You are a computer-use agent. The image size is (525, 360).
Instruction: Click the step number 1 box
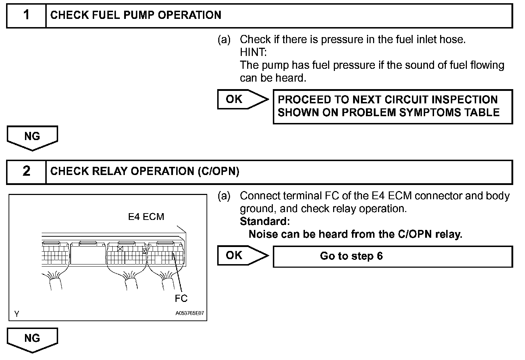26,15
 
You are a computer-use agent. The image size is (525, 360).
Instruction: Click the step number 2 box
26,171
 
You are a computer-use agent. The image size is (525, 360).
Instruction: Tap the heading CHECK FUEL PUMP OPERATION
136,15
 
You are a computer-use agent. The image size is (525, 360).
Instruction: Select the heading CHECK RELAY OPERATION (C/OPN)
144,171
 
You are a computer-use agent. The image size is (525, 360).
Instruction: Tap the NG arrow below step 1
32,137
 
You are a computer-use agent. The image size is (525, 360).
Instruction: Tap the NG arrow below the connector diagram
32,339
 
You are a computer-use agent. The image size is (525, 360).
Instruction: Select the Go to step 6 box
392,256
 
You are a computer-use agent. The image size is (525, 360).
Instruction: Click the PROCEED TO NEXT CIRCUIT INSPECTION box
392,106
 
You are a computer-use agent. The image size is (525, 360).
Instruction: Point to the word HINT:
253,52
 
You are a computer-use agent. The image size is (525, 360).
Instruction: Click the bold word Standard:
265,221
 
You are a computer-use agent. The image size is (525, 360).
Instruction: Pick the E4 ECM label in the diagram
146,217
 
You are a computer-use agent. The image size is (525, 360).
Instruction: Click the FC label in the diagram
181,298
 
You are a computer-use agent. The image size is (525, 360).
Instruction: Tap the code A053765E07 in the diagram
189,314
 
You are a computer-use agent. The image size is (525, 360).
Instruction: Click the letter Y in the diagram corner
17,314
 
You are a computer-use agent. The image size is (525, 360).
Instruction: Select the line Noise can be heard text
355,234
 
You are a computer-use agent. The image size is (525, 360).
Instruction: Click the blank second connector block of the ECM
88,254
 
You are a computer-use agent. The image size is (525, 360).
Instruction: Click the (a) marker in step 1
224,40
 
